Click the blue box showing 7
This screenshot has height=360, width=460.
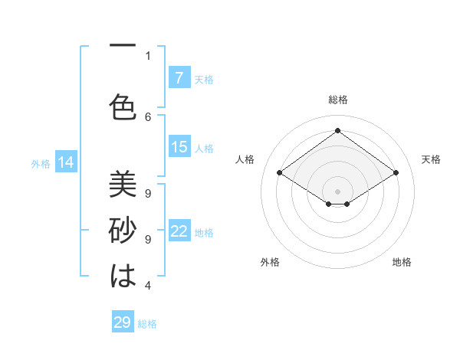point(179,78)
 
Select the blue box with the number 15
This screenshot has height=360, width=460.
point(179,147)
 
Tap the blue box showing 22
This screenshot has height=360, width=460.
point(179,232)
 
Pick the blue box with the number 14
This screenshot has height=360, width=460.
point(66,162)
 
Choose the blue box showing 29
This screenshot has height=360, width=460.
point(123,322)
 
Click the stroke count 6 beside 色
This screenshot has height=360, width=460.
point(148,116)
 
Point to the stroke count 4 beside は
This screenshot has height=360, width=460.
point(148,286)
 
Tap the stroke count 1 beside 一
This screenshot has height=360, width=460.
point(148,55)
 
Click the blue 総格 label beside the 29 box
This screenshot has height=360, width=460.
point(148,324)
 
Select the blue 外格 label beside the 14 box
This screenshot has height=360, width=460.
point(41,163)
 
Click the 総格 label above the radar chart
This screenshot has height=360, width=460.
point(337,100)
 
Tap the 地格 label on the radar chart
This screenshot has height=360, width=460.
point(402,262)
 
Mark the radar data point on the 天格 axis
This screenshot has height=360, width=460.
point(396,173)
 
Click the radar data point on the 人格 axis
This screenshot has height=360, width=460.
point(279,173)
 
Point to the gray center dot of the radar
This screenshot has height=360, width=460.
point(337,190)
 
